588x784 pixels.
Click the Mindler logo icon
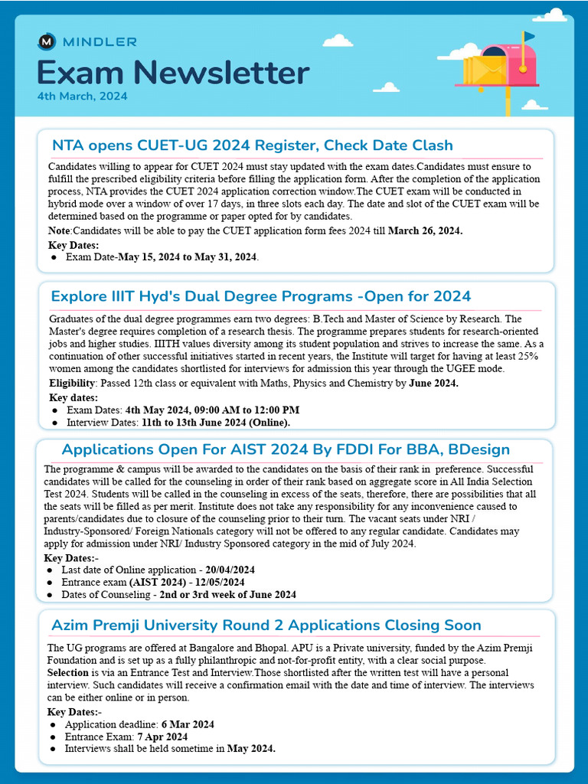pos(47,41)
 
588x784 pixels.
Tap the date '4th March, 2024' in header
pos(82,96)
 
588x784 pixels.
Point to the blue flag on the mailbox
pos(528,36)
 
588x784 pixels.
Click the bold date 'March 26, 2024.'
pos(425,230)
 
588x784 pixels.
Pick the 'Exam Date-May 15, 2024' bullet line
pos(162,257)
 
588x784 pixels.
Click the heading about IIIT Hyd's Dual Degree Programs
pos(260,296)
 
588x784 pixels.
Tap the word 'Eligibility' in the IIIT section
pos(73,383)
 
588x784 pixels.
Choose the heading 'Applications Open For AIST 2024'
pos(285,449)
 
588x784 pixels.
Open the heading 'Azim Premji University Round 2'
pos(266,626)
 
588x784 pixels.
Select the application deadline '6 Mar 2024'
pos(187,724)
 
